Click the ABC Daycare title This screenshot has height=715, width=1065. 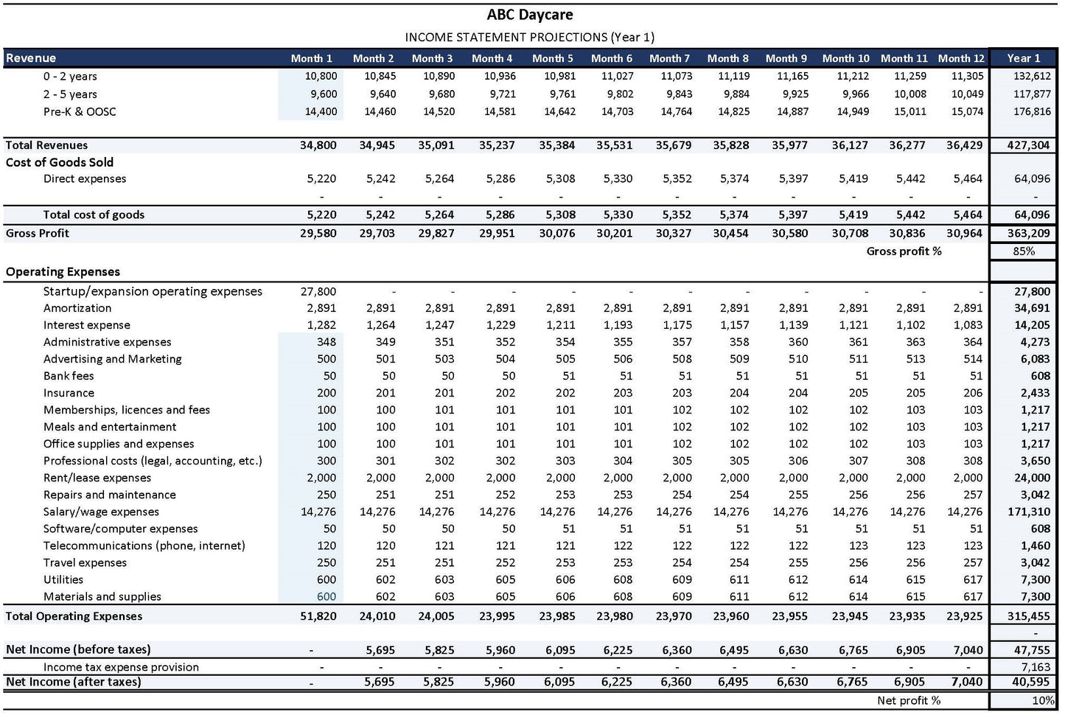coord(529,15)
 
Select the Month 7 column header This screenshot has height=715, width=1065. coord(669,58)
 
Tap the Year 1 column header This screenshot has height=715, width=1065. coord(1023,58)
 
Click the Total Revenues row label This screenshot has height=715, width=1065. coord(46,145)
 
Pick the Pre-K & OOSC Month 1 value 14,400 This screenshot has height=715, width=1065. coord(321,112)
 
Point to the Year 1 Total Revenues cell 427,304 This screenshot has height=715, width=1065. coord(1028,145)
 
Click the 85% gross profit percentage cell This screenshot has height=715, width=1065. coord(1024,251)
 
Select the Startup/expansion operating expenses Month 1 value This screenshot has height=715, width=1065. coord(318,291)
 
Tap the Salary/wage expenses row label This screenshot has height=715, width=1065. coord(101,512)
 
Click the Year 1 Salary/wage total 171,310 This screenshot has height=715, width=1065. coord(1029,512)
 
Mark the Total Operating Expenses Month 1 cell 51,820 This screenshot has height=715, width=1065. coord(318,616)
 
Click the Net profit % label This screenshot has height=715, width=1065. coord(908,700)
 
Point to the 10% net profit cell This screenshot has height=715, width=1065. coord(1042,700)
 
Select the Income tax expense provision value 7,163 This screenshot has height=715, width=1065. coord(1036,667)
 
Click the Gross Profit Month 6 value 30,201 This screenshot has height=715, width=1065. coord(614,233)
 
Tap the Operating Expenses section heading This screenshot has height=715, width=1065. coord(63,272)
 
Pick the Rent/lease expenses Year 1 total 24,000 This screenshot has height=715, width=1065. coord(1032,478)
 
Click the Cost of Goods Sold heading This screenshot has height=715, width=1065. coord(60,162)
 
